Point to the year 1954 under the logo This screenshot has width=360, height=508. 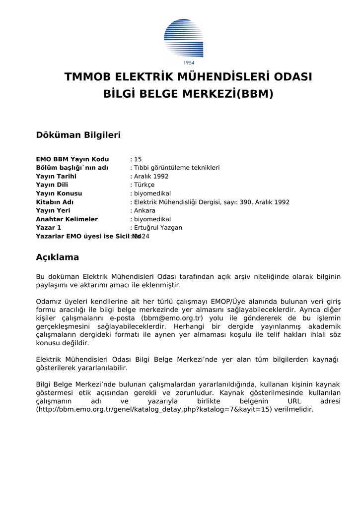189,63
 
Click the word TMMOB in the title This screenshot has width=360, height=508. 88,77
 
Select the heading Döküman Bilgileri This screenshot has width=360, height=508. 78,135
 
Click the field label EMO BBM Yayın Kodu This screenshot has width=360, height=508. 72,159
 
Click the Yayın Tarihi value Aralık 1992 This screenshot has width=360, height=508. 151,176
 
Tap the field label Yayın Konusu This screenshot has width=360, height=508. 59,193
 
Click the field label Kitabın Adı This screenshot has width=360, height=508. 55,202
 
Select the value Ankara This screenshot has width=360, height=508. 144,210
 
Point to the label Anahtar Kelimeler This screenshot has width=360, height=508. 67,219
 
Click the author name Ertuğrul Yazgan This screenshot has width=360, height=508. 158,228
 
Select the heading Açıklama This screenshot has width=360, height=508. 58,257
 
